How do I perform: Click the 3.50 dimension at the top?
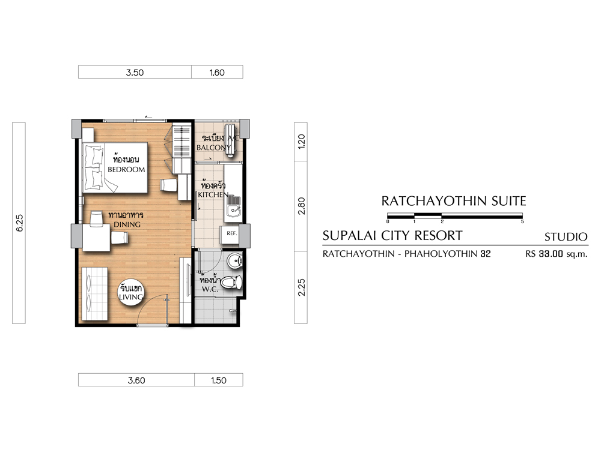tap(135, 73)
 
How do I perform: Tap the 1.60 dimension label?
tap(217, 73)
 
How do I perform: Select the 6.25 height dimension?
tap(19, 223)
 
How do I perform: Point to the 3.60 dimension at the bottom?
tap(136, 380)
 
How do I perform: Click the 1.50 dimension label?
tap(219, 380)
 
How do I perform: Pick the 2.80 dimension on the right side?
tap(301, 206)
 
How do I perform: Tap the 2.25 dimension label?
tap(301, 287)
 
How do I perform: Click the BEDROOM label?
tap(126, 170)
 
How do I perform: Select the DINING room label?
tap(127, 224)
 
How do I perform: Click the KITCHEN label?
tap(213, 194)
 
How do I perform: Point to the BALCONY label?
tap(213, 148)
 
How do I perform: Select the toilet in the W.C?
tap(231, 283)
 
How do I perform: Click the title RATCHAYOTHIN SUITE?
tap(453, 201)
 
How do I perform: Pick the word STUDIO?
tap(566, 237)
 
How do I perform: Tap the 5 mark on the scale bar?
tap(522, 221)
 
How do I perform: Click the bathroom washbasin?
tap(234, 261)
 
